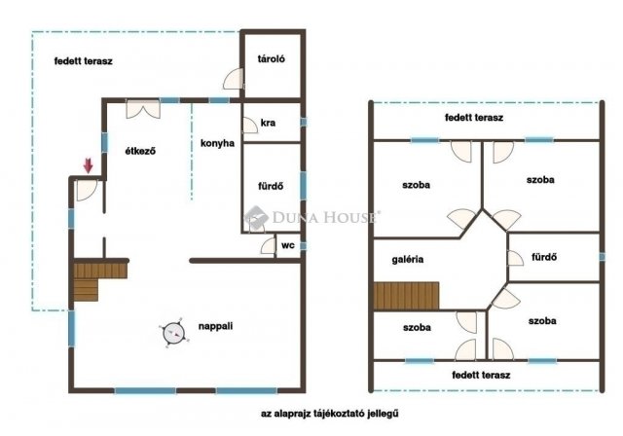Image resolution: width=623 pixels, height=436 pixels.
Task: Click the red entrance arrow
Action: [x=88, y=165]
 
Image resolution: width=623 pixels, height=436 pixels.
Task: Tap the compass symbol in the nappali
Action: [x=174, y=333]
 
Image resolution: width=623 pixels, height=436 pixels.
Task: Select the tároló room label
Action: [x=272, y=58]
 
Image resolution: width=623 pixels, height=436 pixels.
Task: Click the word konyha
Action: [x=217, y=143]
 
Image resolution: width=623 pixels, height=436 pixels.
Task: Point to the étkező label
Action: [x=140, y=151]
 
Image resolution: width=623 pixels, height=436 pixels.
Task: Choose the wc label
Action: [x=288, y=245]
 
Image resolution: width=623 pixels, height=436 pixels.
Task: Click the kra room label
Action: [x=268, y=123]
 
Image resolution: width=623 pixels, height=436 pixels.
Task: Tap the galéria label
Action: [x=408, y=259]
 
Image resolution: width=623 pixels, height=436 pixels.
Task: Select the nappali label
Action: [x=215, y=326]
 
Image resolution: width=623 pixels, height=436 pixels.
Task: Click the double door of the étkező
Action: [x=143, y=109]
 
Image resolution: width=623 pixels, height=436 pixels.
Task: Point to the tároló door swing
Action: [x=234, y=79]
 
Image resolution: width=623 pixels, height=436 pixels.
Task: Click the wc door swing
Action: [x=269, y=246]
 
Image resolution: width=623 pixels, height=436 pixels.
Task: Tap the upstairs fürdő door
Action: [x=516, y=258]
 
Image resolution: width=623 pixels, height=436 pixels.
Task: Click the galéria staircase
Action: [x=406, y=296]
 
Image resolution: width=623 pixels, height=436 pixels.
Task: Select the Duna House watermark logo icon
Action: [x=256, y=217]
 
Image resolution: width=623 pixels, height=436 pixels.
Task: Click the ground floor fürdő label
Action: [x=271, y=186]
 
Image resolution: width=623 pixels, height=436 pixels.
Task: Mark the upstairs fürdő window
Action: [x=602, y=257]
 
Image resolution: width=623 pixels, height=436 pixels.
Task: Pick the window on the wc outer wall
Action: [x=303, y=246]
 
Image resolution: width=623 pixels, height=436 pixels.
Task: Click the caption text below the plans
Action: [x=330, y=414]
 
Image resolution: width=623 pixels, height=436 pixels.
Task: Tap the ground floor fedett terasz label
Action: [x=84, y=61]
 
